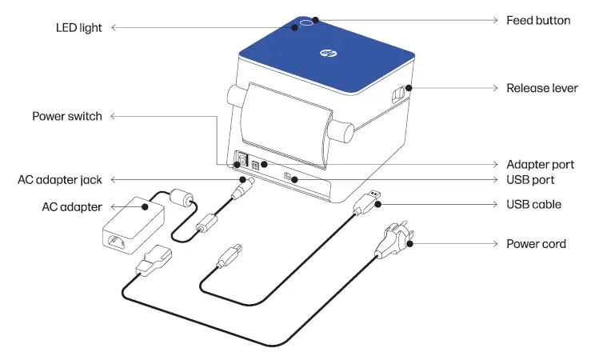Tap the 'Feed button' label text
pyautogui.click(x=538, y=20)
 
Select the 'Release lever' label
pyautogui.click(x=541, y=88)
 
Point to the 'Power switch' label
pyautogui.click(x=67, y=117)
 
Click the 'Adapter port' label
pyautogui.click(x=540, y=165)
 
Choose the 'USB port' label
pyautogui.click(x=530, y=180)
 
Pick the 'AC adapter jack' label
pyautogui.click(x=60, y=180)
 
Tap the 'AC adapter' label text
pyautogui.click(x=72, y=207)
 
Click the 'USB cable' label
pyautogui.click(x=533, y=205)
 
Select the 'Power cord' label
pyautogui.click(x=536, y=243)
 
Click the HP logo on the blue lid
pyautogui.click(x=326, y=54)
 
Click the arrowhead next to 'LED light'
pyautogui.click(x=112, y=28)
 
